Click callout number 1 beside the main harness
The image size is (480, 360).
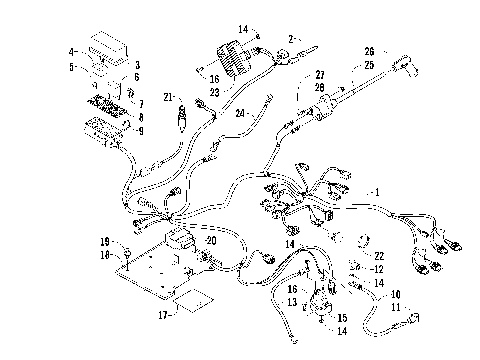point(377,190)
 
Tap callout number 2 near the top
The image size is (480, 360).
point(291,38)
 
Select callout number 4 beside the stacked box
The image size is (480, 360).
point(72,50)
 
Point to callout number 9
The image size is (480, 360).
point(140,130)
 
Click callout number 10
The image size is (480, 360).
point(396,294)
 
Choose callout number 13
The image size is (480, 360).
point(293,301)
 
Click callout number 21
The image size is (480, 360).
point(171,96)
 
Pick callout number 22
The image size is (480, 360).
point(380,255)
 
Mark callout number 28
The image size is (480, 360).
point(320,86)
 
